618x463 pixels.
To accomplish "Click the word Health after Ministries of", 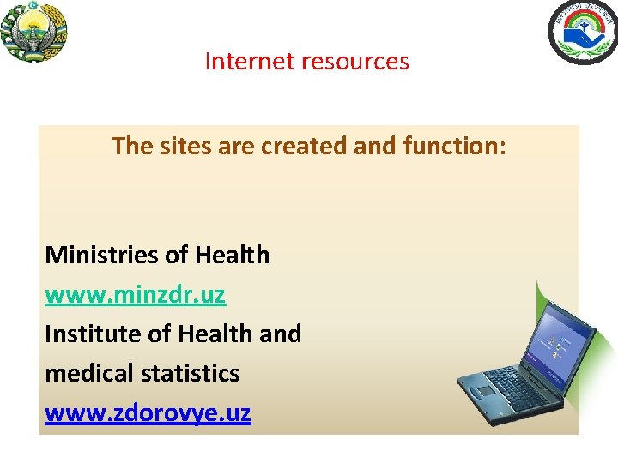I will tap(232, 256).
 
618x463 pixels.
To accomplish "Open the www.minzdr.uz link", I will tap(135, 295).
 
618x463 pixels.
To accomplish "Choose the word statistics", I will tap(191, 374).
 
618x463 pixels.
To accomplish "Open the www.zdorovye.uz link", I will tap(148, 413).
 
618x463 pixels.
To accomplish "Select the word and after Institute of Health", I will tap(280, 334).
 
